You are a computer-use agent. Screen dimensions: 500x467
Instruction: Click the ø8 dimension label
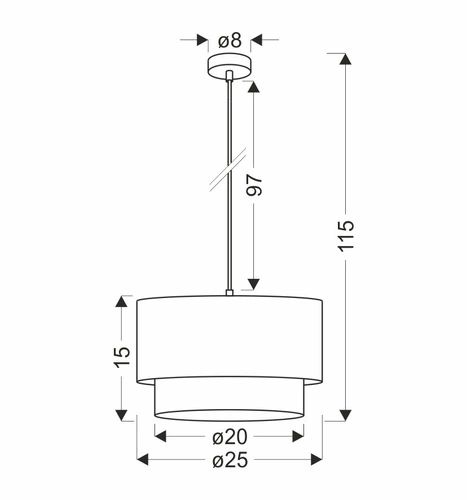click(230, 41)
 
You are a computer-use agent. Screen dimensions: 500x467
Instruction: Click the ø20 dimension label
click(229, 436)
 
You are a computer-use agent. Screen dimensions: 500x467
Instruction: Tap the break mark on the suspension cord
click(231, 172)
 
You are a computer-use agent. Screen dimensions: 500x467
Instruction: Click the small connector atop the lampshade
click(230, 293)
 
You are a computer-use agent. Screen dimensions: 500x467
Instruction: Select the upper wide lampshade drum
click(230, 336)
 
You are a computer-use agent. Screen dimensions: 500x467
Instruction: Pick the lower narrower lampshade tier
click(230, 397)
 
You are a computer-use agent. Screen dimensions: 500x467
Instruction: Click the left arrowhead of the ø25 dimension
click(142, 460)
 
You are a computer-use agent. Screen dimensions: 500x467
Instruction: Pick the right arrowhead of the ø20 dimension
click(297, 436)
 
